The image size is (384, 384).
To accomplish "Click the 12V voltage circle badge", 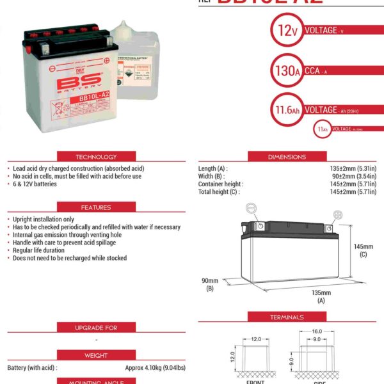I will click(285, 31).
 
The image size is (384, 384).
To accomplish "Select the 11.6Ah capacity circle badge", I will click(285, 109).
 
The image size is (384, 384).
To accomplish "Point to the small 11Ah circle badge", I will click(323, 129).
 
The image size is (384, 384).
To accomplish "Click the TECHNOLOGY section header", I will click(96, 157).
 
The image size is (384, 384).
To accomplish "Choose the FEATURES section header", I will click(96, 207).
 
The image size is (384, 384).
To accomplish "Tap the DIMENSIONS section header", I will click(287, 157).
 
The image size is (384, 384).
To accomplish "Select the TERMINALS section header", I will click(287, 317).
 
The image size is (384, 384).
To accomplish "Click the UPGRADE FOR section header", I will click(96, 328).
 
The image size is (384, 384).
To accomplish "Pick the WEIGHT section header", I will click(96, 355).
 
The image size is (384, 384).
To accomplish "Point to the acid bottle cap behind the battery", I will click(121, 28).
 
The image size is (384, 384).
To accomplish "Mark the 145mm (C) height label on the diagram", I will click(363, 250).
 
